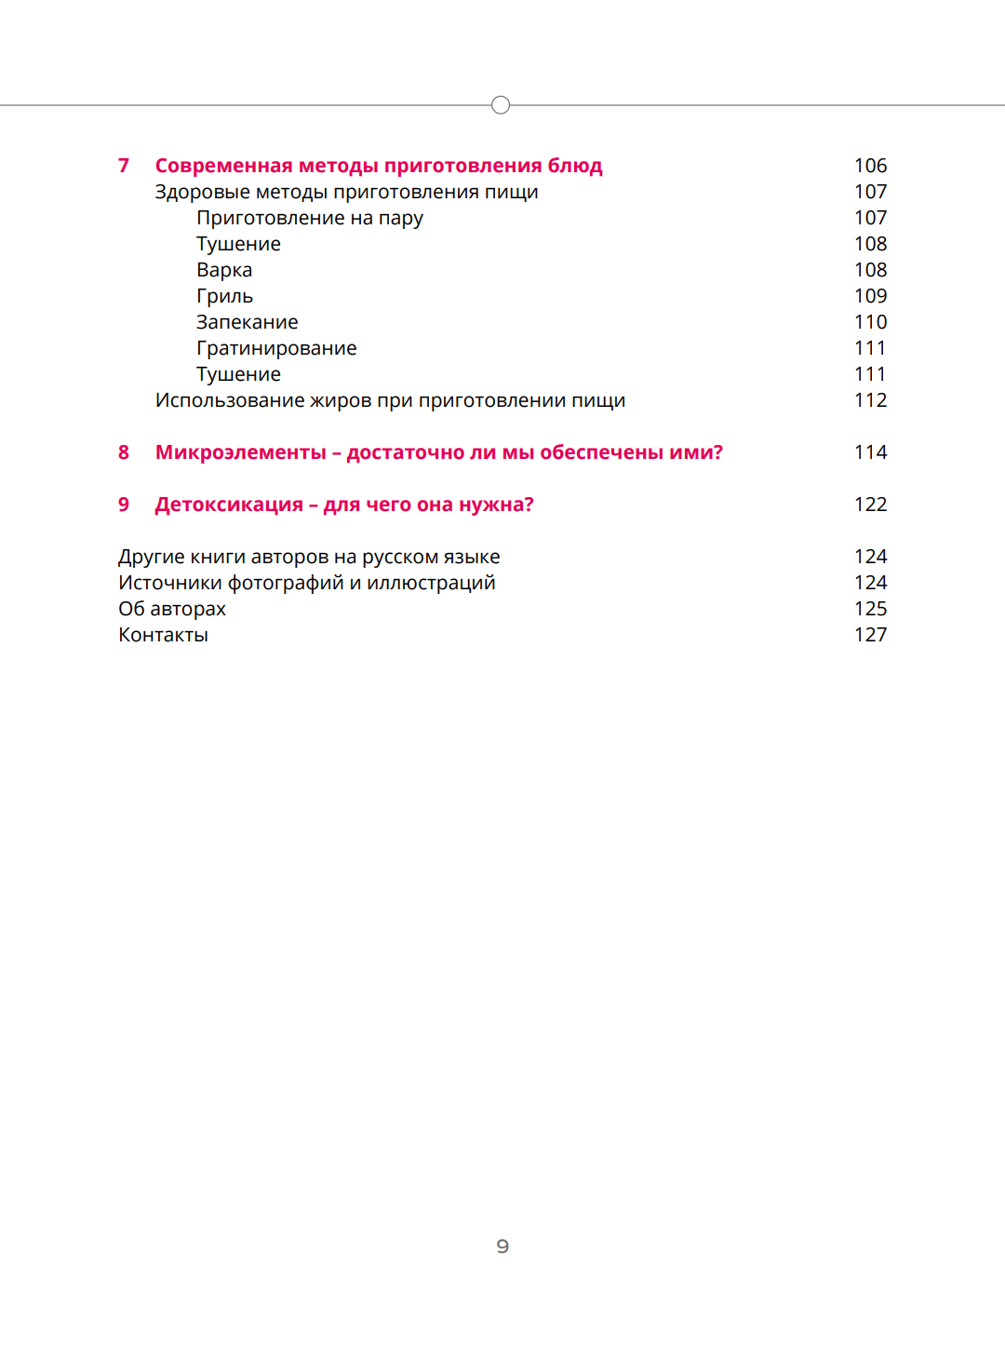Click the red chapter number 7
124,166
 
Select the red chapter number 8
124,452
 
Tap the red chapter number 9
124,505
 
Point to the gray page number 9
502,1246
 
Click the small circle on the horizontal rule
501,105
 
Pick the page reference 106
870,166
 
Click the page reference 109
870,296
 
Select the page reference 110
870,322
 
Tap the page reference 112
870,400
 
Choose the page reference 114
870,452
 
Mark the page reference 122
870,505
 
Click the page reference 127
870,635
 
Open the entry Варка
224,270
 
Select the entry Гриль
224,296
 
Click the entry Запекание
247,322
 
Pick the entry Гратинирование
276,348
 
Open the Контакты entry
163,635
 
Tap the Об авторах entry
172,609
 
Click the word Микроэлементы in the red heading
240,452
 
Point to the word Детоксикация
229,505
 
